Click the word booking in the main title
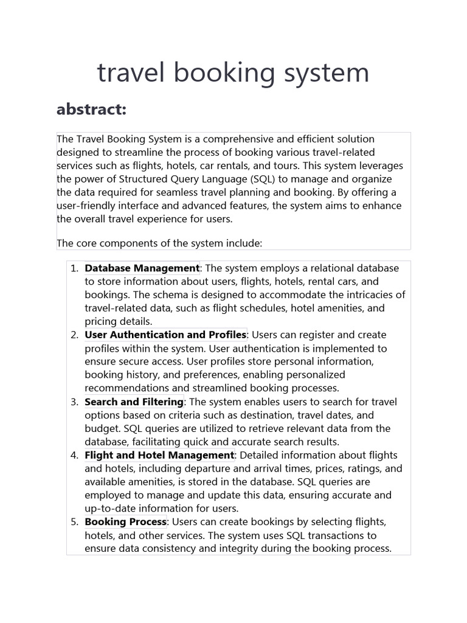[x=223, y=74]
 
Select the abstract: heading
[x=91, y=110]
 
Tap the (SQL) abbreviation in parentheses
[x=266, y=179]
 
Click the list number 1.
[x=74, y=268]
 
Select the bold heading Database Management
[x=142, y=268]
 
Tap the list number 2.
[x=74, y=335]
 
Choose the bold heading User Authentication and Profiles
[x=165, y=335]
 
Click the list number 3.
[x=74, y=402]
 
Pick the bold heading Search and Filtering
[x=134, y=402]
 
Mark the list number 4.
[x=74, y=456]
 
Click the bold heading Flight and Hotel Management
[x=159, y=455]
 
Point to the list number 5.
[x=74, y=523]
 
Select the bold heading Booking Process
[x=125, y=522]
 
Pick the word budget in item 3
[x=100, y=428]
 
